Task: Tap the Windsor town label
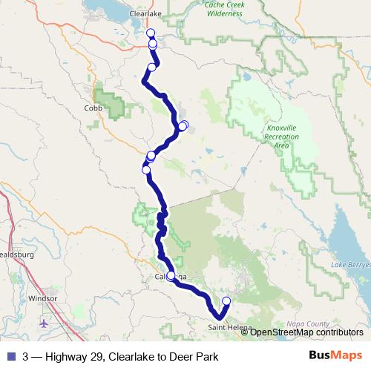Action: pyautogui.click(x=42, y=299)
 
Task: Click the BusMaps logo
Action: pyautogui.click(x=335, y=355)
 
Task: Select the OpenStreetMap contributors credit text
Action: pyautogui.click(x=304, y=332)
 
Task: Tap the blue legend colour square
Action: pyautogui.click(x=10, y=356)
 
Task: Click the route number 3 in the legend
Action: pyautogui.click(x=26, y=356)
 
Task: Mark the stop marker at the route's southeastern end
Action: pyautogui.click(x=226, y=301)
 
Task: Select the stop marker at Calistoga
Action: pyautogui.click(x=171, y=276)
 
